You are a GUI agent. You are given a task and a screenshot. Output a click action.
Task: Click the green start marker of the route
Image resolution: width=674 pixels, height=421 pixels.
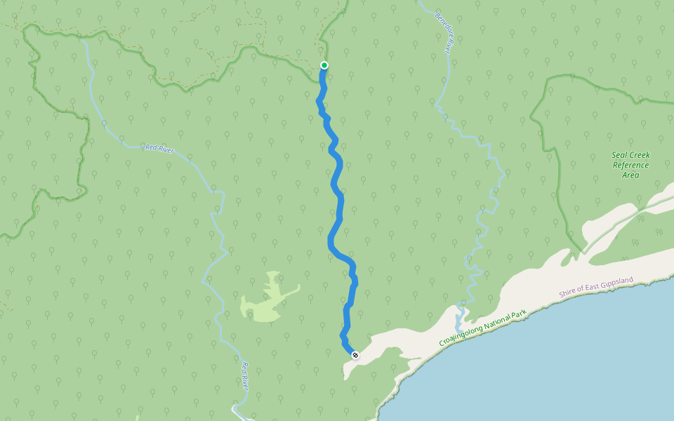tap(324, 65)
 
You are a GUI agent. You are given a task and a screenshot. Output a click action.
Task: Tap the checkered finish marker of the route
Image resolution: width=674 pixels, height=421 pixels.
tap(355, 355)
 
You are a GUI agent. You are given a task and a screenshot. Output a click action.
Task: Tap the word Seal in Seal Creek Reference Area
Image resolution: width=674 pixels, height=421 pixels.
tap(621, 156)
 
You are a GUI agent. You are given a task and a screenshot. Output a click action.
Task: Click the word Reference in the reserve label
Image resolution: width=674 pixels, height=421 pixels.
tap(630, 166)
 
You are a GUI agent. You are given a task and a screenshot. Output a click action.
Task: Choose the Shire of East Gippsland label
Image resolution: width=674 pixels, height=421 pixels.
tap(596, 287)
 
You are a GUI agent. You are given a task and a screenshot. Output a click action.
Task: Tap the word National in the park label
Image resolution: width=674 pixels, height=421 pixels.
tap(500, 318)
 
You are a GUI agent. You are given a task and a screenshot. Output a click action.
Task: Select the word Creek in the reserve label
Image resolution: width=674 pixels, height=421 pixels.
tap(639, 156)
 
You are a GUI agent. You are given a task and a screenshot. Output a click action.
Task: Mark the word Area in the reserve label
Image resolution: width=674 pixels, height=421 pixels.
tap(630, 175)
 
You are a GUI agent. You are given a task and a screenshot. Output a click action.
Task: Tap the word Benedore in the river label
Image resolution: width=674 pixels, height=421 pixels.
tap(440, 25)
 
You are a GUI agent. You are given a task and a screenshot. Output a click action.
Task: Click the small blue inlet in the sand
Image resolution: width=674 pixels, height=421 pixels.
tap(461, 319)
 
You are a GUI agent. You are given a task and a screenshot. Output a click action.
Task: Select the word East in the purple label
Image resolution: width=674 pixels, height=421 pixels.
tap(592, 288)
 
